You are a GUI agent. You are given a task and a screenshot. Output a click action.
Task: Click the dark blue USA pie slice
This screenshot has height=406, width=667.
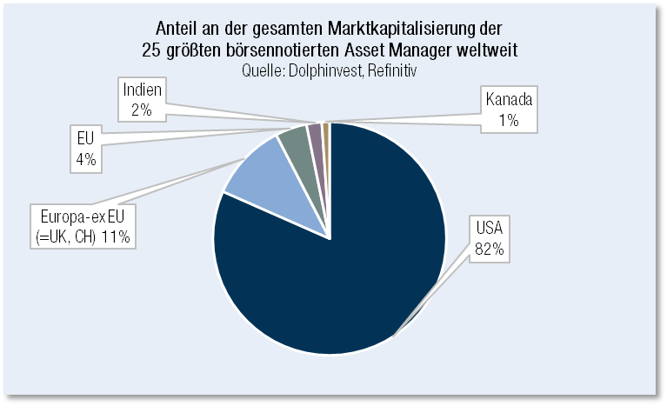(348, 261)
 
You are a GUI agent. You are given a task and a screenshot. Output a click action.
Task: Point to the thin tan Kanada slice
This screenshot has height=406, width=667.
(325, 130)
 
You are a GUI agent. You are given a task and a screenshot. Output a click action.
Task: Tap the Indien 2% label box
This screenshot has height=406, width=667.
(143, 101)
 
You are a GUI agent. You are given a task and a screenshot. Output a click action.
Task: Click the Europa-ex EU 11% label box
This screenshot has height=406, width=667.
(84, 224)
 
